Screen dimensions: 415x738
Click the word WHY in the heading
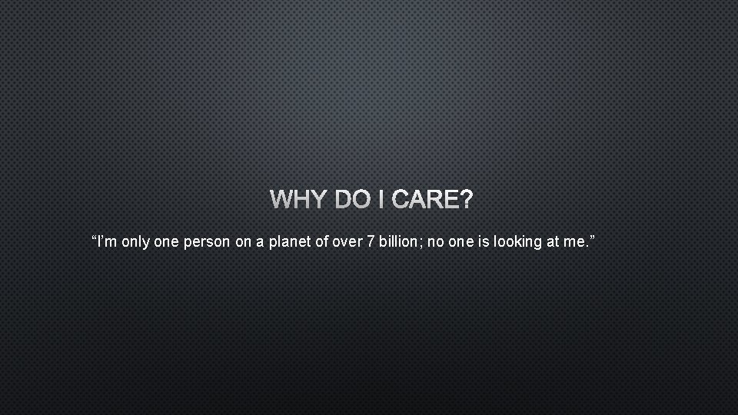[297, 201]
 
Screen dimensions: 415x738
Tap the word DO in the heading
[351, 201]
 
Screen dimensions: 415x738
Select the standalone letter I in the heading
[382, 201]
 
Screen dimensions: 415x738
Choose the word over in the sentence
[347, 243]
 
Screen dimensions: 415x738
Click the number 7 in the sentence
[371, 243]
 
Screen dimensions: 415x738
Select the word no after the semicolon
[434, 243]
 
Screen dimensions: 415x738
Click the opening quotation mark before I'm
[93, 239]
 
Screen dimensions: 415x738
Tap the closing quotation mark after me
[592, 239]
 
